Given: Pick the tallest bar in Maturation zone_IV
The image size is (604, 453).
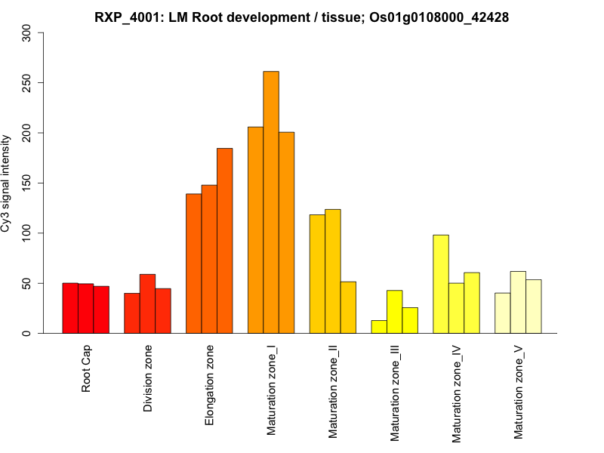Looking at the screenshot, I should click(441, 284).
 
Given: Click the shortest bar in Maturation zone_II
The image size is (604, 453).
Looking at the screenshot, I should click(348, 307).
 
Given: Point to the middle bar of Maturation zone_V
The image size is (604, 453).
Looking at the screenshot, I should click(518, 302).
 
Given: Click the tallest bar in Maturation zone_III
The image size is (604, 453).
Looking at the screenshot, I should click(394, 312).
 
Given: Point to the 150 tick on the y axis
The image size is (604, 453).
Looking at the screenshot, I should click(39, 183).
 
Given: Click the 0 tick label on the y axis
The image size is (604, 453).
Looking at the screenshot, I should click(28, 333).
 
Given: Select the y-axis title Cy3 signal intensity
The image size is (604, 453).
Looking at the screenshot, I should click(7, 183).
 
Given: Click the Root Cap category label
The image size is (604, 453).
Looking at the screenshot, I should click(86, 369).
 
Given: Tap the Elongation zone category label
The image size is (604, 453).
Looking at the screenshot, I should click(209, 385).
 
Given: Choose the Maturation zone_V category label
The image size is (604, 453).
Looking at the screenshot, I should click(518, 393).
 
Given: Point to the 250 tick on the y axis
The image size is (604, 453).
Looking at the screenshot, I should click(39, 83).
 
